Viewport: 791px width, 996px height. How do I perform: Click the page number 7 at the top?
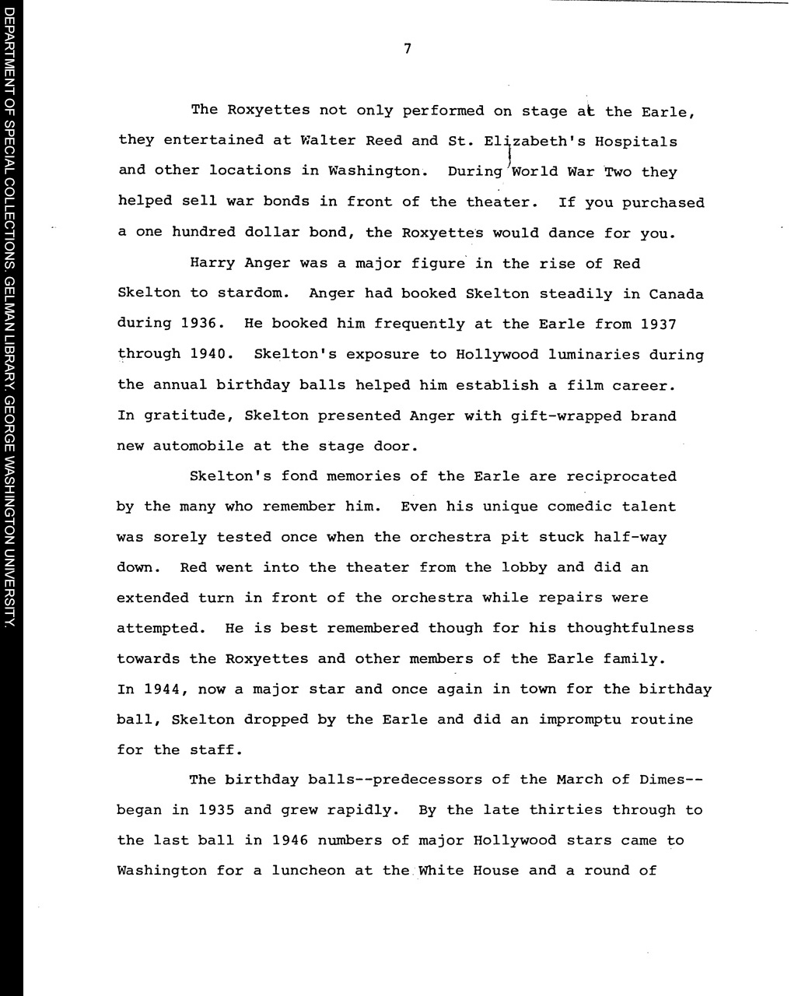tap(407, 49)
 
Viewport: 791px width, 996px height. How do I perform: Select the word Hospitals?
tap(635, 142)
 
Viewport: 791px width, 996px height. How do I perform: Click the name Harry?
tap(212, 263)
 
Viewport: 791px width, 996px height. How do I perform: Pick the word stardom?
tap(252, 293)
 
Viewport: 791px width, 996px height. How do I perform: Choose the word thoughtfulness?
tap(630, 628)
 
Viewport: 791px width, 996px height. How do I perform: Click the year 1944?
tap(162, 689)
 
